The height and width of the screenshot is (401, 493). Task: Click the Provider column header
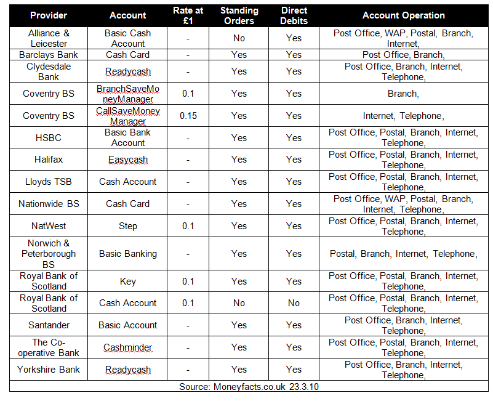[x=49, y=15]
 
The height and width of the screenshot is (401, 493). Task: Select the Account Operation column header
[x=404, y=15]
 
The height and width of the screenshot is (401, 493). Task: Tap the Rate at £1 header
[x=188, y=15]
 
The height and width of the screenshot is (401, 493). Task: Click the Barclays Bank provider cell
[x=49, y=55]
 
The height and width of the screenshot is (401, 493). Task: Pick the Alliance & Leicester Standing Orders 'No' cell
[x=239, y=38]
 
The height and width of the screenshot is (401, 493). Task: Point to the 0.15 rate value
[x=188, y=116]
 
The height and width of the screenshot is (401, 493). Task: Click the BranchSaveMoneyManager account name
[x=128, y=94]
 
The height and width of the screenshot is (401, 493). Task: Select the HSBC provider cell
[x=49, y=138]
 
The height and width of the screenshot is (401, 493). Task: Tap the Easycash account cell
[x=128, y=160]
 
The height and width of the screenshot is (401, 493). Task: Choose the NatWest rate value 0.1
[x=188, y=226]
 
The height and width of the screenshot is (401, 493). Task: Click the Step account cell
[x=128, y=226]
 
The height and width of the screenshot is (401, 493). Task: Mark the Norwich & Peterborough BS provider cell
[x=49, y=254]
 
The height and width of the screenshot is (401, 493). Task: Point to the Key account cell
[x=128, y=282]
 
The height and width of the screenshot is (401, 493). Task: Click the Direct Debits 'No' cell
[x=294, y=303]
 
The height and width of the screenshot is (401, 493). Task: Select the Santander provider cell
[x=49, y=325]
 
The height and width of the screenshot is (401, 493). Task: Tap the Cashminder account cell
[x=128, y=347]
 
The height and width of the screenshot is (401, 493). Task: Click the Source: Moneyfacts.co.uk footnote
[x=249, y=387]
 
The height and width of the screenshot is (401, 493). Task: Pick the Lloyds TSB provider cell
[x=49, y=182]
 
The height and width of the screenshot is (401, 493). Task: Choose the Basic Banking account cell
[x=128, y=254]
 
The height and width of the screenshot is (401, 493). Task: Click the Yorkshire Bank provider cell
[x=49, y=370]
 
